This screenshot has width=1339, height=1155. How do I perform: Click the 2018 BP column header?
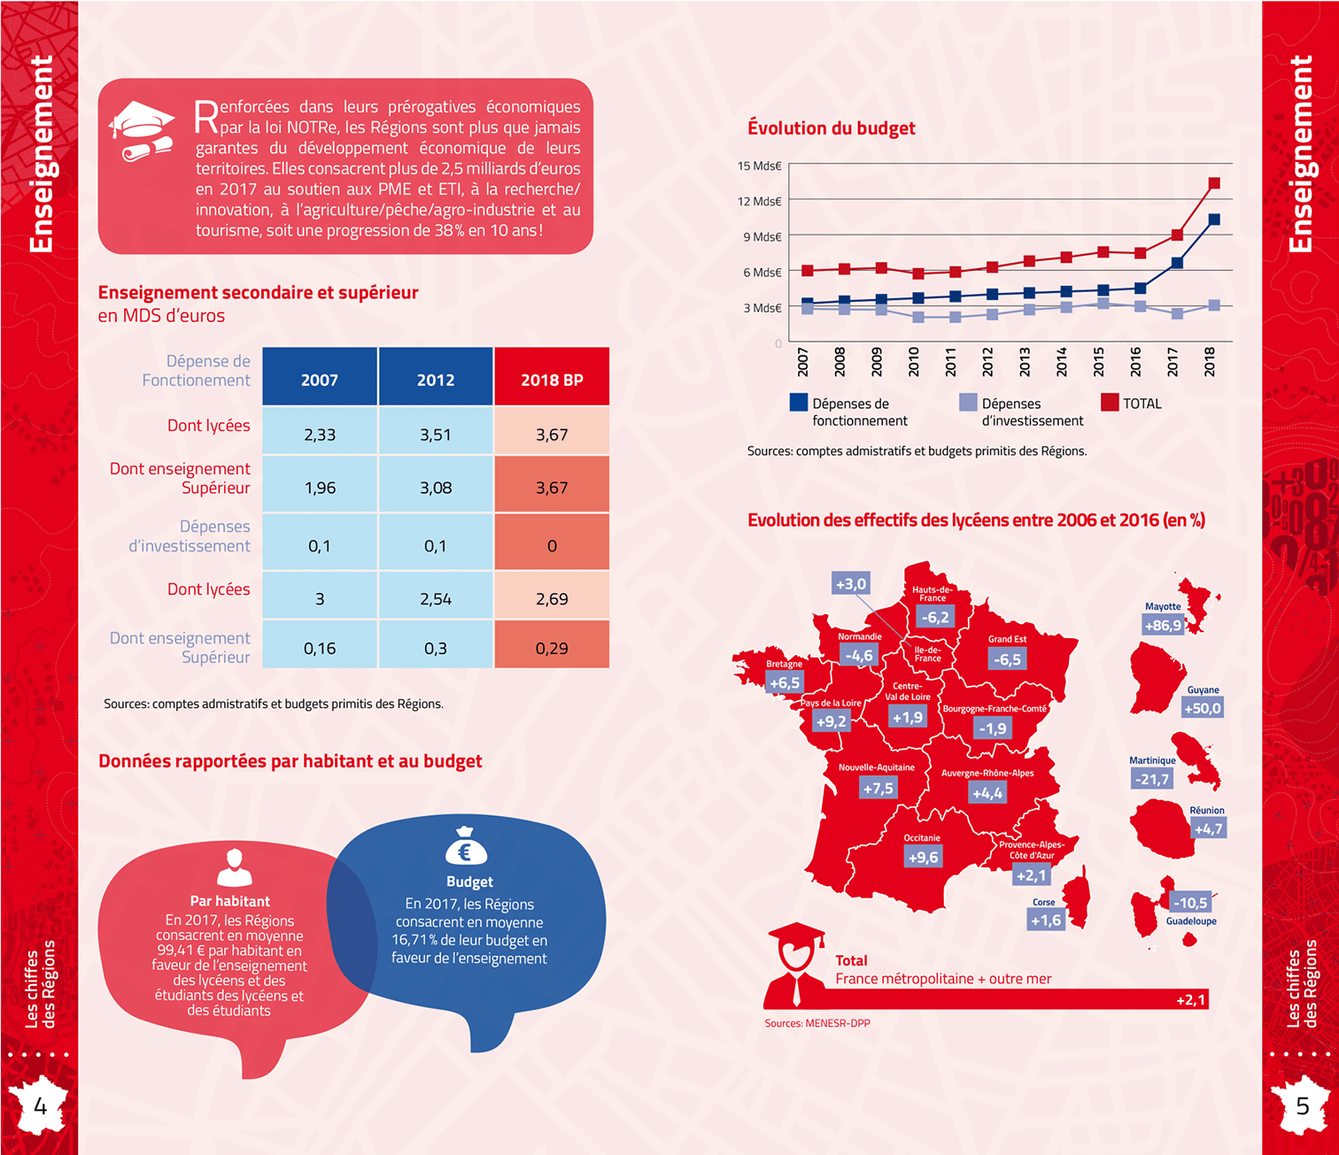(552, 379)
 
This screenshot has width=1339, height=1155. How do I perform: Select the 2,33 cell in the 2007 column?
(320, 435)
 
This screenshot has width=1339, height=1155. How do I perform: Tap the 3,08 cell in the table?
(436, 488)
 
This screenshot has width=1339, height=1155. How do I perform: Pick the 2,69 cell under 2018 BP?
(552, 599)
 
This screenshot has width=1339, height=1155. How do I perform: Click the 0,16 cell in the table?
(320, 649)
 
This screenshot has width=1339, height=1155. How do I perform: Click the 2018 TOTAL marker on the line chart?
(1214, 183)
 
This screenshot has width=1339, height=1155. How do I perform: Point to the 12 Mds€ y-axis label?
(760, 201)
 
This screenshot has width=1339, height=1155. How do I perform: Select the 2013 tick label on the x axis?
(1025, 361)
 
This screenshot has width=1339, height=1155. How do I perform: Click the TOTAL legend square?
(1110, 403)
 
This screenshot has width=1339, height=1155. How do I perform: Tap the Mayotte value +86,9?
(1163, 625)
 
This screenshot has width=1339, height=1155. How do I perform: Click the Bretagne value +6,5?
(785, 682)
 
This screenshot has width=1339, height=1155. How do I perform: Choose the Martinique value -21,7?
(1152, 779)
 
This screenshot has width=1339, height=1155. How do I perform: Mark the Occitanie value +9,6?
(923, 857)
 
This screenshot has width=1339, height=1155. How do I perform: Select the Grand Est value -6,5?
(1007, 658)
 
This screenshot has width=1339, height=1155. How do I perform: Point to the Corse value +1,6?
(1045, 920)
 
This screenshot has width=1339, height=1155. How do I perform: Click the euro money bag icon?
(466, 847)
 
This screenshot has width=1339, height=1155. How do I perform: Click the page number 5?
(1303, 1105)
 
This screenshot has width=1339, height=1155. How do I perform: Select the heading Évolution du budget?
(831, 128)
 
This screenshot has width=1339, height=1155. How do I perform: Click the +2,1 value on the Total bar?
(1190, 999)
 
